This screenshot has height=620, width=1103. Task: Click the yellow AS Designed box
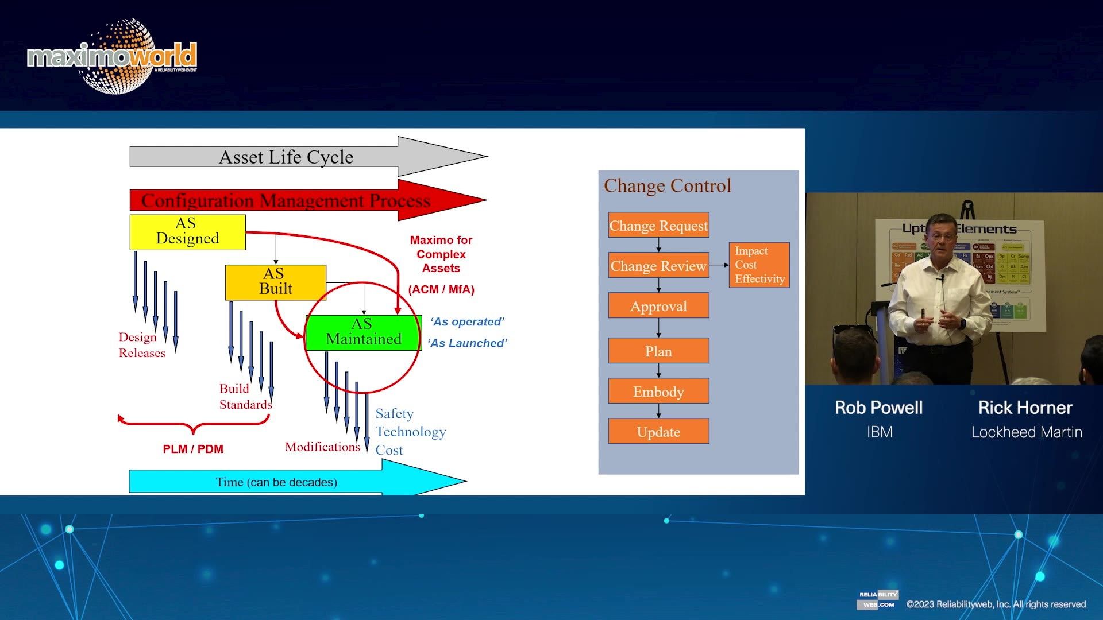pyautogui.click(x=187, y=232)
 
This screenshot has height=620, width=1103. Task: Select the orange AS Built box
pyautogui.click(x=275, y=282)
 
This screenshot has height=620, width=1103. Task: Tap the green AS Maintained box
pyautogui.click(x=363, y=332)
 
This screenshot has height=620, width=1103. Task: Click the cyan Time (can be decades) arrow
pyautogui.click(x=277, y=482)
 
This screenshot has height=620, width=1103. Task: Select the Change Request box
pyautogui.click(x=658, y=226)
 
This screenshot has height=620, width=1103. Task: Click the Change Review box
pyautogui.click(x=658, y=266)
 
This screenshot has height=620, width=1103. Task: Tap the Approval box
pyautogui.click(x=658, y=306)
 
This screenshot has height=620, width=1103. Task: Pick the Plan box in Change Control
pyautogui.click(x=658, y=351)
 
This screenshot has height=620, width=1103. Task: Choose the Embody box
pyautogui.click(x=658, y=391)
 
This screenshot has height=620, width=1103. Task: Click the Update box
pyautogui.click(x=658, y=431)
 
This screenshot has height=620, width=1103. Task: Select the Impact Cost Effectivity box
pyautogui.click(x=759, y=265)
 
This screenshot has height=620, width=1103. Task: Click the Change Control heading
pyautogui.click(x=667, y=186)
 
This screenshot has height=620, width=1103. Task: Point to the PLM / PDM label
pyautogui.click(x=193, y=449)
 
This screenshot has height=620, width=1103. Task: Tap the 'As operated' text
pyautogui.click(x=467, y=322)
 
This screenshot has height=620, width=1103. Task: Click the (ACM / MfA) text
pyautogui.click(x=441, y=290)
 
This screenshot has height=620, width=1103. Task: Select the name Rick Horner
pyautogui.click(x=1025, y=408)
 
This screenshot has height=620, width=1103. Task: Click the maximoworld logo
pyautogui.click(x=113, y=56)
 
